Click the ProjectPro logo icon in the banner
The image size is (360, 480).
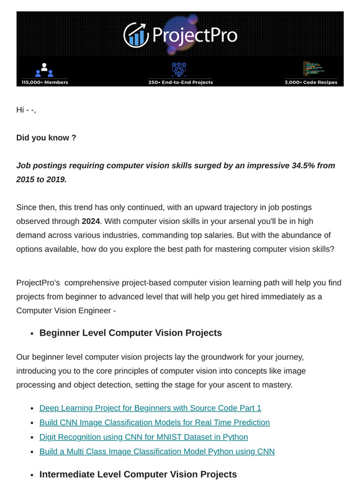click(135, 35)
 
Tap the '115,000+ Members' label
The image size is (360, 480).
click(45, 82)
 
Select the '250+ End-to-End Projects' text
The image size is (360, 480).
click(181, 82)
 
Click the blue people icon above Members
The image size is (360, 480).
click(45, 69)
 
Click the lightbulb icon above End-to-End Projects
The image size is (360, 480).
click(179, 69)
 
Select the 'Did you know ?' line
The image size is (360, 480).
click(46, 138)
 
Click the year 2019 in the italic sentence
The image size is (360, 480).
click(70, 179)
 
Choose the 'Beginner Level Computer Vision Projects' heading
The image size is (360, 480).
click(130, 333)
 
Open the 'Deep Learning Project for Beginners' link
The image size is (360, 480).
click(150, 408)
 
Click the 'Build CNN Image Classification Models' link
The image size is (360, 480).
click(155, 422)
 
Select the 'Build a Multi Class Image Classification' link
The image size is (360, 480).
click(157, 451)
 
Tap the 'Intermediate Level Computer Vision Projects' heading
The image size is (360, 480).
click(138, 474)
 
